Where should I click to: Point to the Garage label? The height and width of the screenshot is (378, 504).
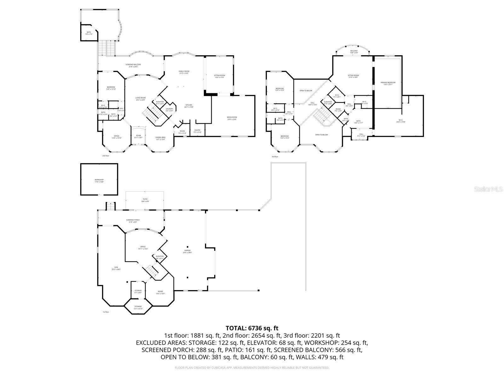[x=188, y=251]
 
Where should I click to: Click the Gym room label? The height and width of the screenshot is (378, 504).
[x=116, y=268]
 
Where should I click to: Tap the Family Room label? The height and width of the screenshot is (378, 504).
[x=184, y=72]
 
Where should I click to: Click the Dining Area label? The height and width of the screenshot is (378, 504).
[x=160, y=138]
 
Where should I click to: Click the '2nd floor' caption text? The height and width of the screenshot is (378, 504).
[x=106, y=156]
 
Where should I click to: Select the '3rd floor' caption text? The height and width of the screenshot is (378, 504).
[x=275, y=157]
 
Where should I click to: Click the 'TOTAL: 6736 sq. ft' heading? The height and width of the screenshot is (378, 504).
[x=252, y=328]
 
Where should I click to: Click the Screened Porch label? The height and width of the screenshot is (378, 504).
[x=133, y=221]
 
